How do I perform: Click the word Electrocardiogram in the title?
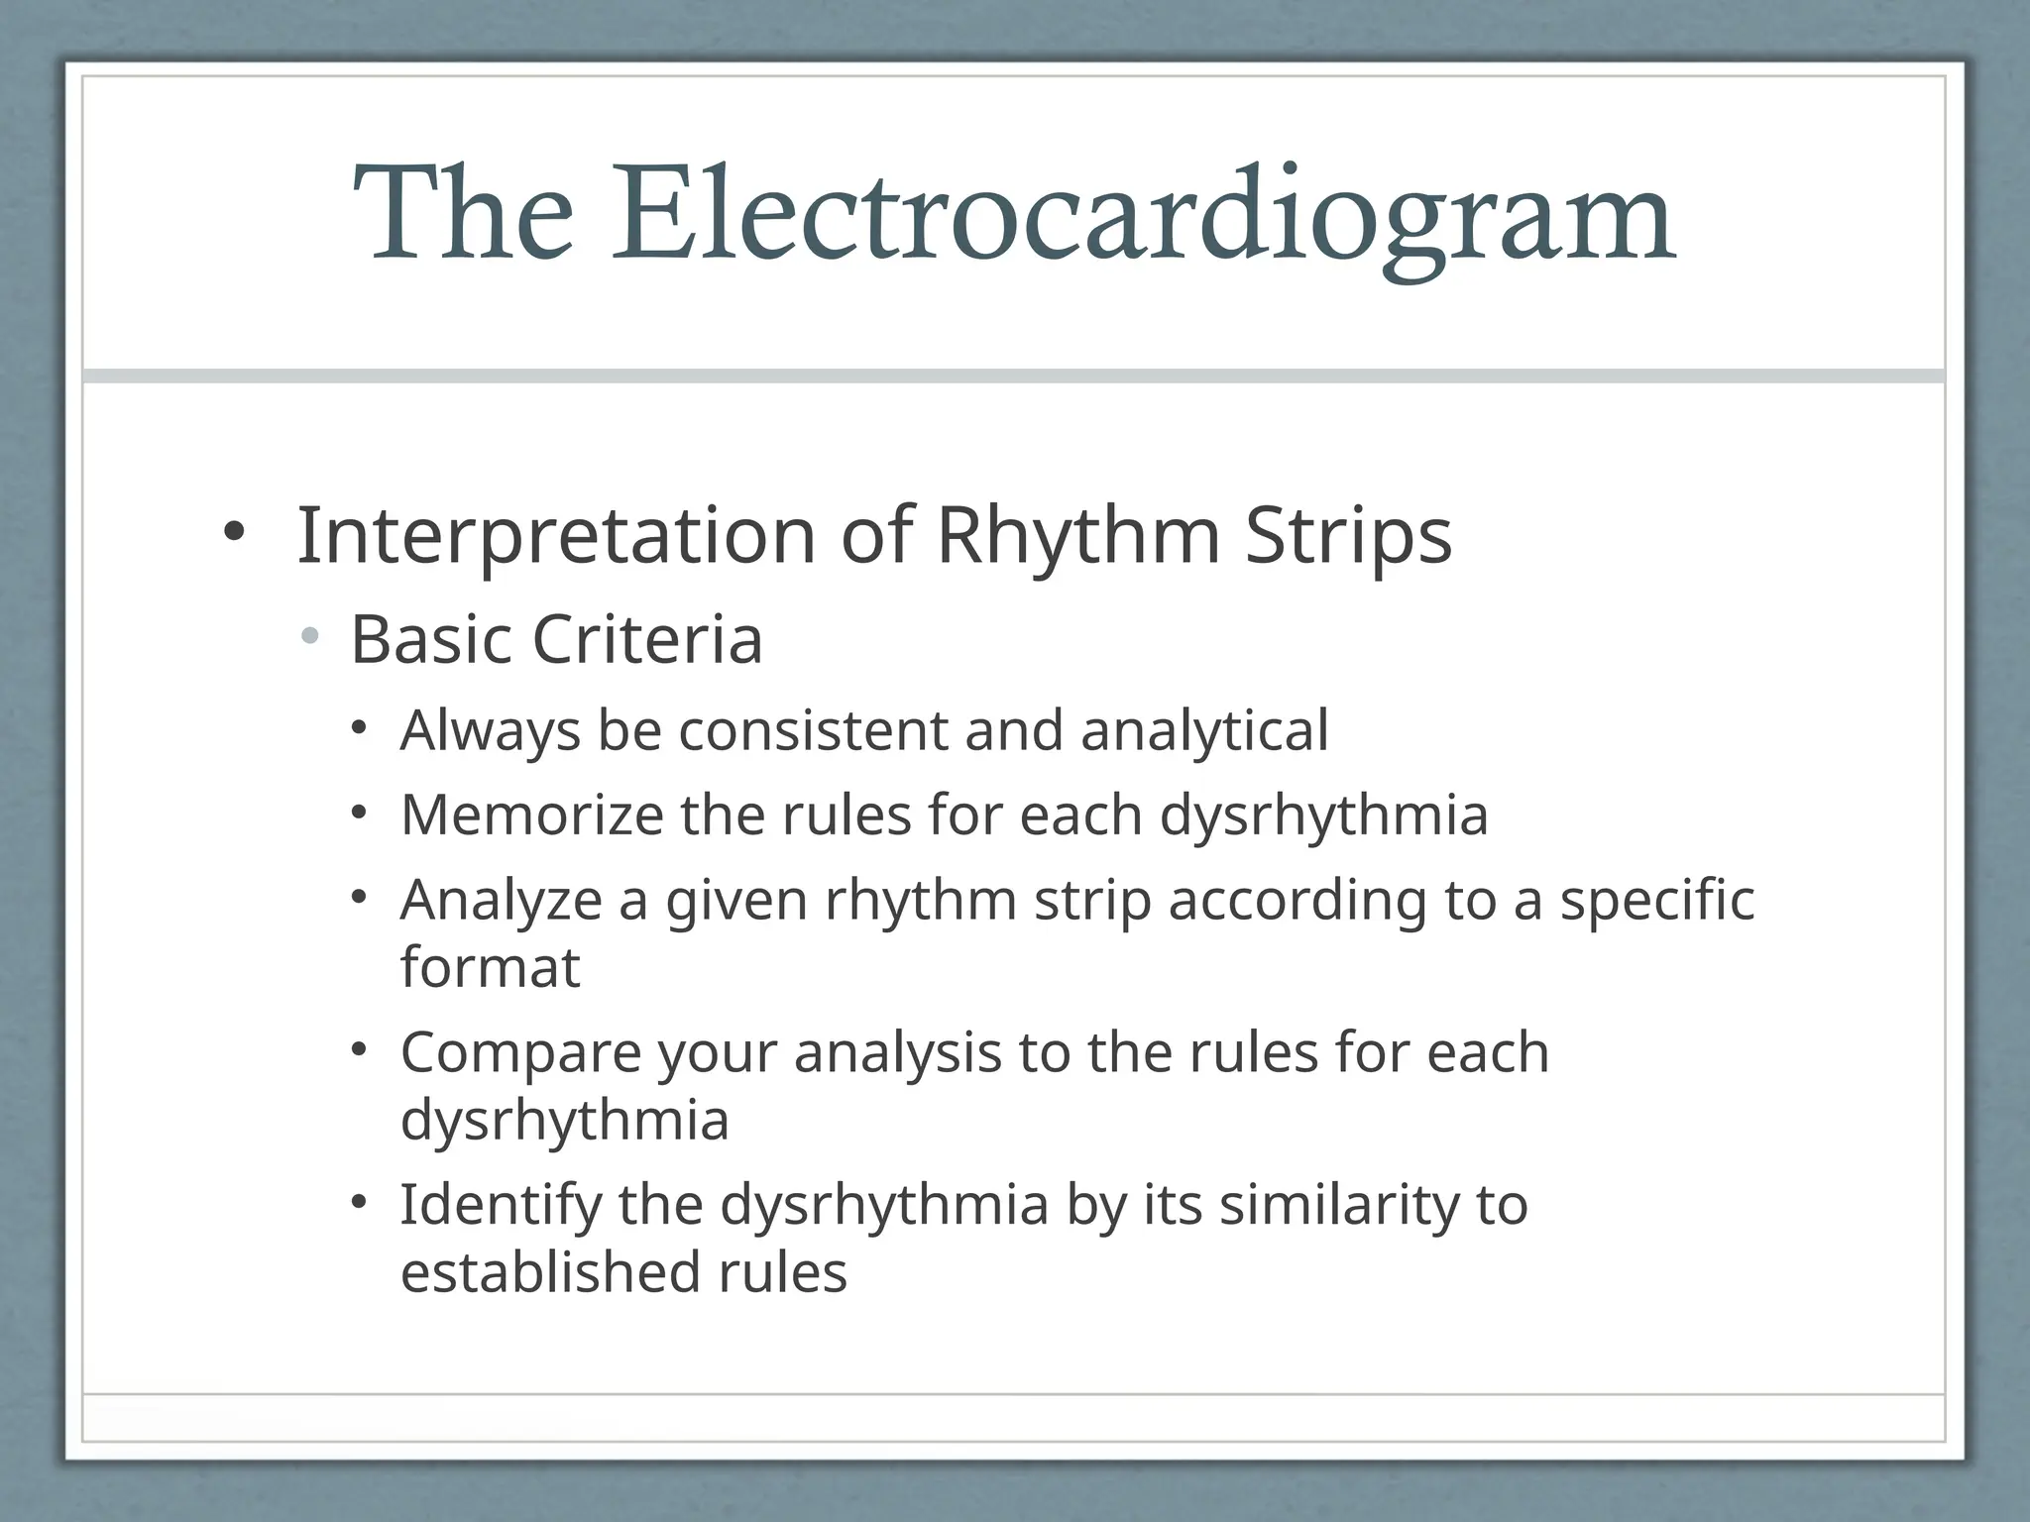tap(1143, 215)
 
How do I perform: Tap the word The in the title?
tap(463, 215)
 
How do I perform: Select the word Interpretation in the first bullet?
tap(556, 536)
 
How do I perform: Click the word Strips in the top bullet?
tap(1348, 536)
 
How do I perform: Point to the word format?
tap(490, 967)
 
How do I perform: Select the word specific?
tap(1656, 901)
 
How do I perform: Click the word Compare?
tap(520, 1052)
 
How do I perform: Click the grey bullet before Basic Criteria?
tap(311, 636)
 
